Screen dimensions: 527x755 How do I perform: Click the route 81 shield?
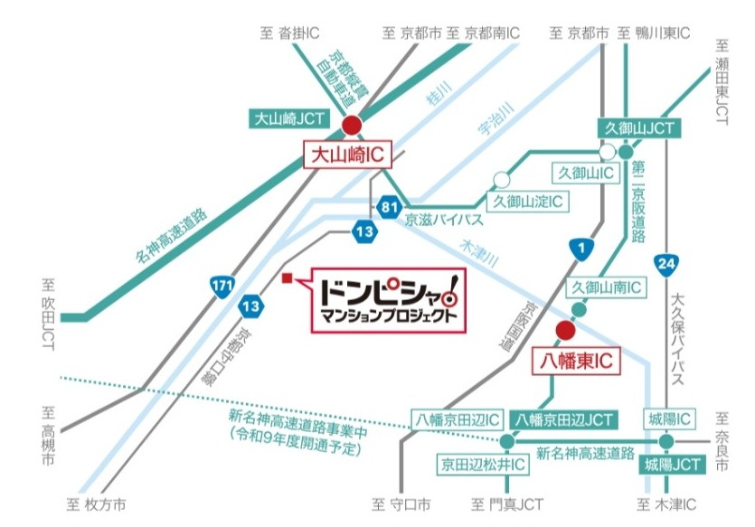point(390,207)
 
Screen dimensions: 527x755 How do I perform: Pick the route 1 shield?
point(578,247)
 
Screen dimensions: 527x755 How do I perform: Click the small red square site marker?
point(286,278)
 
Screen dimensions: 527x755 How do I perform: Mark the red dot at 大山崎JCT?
point(351,126)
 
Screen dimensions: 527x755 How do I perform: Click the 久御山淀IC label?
point(528,201)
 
